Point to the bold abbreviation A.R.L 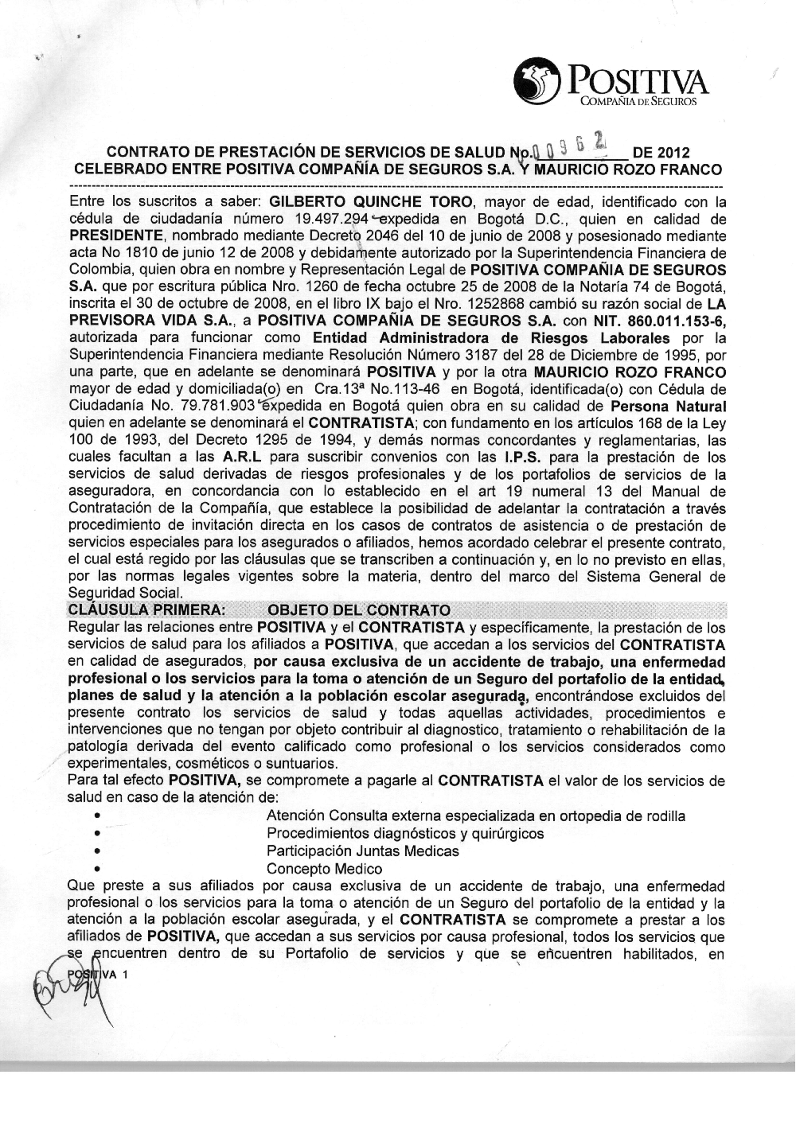[244, 457]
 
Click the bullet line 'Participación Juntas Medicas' [363, 851]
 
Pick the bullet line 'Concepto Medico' [324, 868]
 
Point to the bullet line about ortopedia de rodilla [475, 816]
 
